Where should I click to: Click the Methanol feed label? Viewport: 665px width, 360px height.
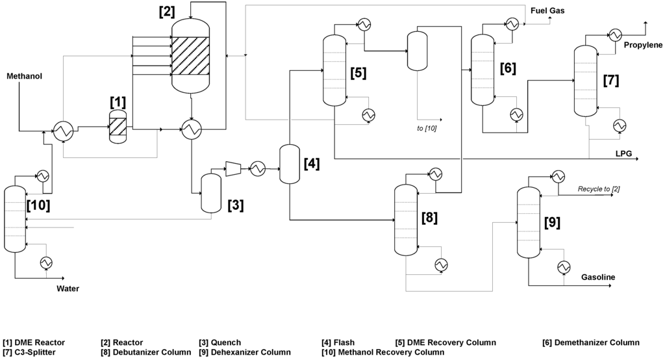point(24,77)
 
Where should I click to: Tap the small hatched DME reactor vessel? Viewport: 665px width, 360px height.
point(118,123)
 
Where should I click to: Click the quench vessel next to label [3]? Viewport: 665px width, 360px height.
point(211,193)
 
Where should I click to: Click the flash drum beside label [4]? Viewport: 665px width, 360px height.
point(288,164)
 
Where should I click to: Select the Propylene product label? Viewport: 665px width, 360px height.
point(643,45)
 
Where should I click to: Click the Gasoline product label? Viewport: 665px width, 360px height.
point(598,277)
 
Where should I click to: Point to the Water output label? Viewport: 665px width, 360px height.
point(68,289)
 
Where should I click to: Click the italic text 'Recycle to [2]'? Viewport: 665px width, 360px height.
point(599,189)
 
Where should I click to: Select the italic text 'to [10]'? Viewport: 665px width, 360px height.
point(427,128)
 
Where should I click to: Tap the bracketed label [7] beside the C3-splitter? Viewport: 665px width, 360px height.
point(611,81)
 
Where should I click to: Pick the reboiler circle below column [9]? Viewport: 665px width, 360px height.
point(564,266)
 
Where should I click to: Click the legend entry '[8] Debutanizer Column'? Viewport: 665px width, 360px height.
point(146,352)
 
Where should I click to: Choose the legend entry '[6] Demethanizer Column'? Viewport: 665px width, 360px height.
point(591,342)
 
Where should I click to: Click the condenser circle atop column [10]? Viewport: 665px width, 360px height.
point(43,176)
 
